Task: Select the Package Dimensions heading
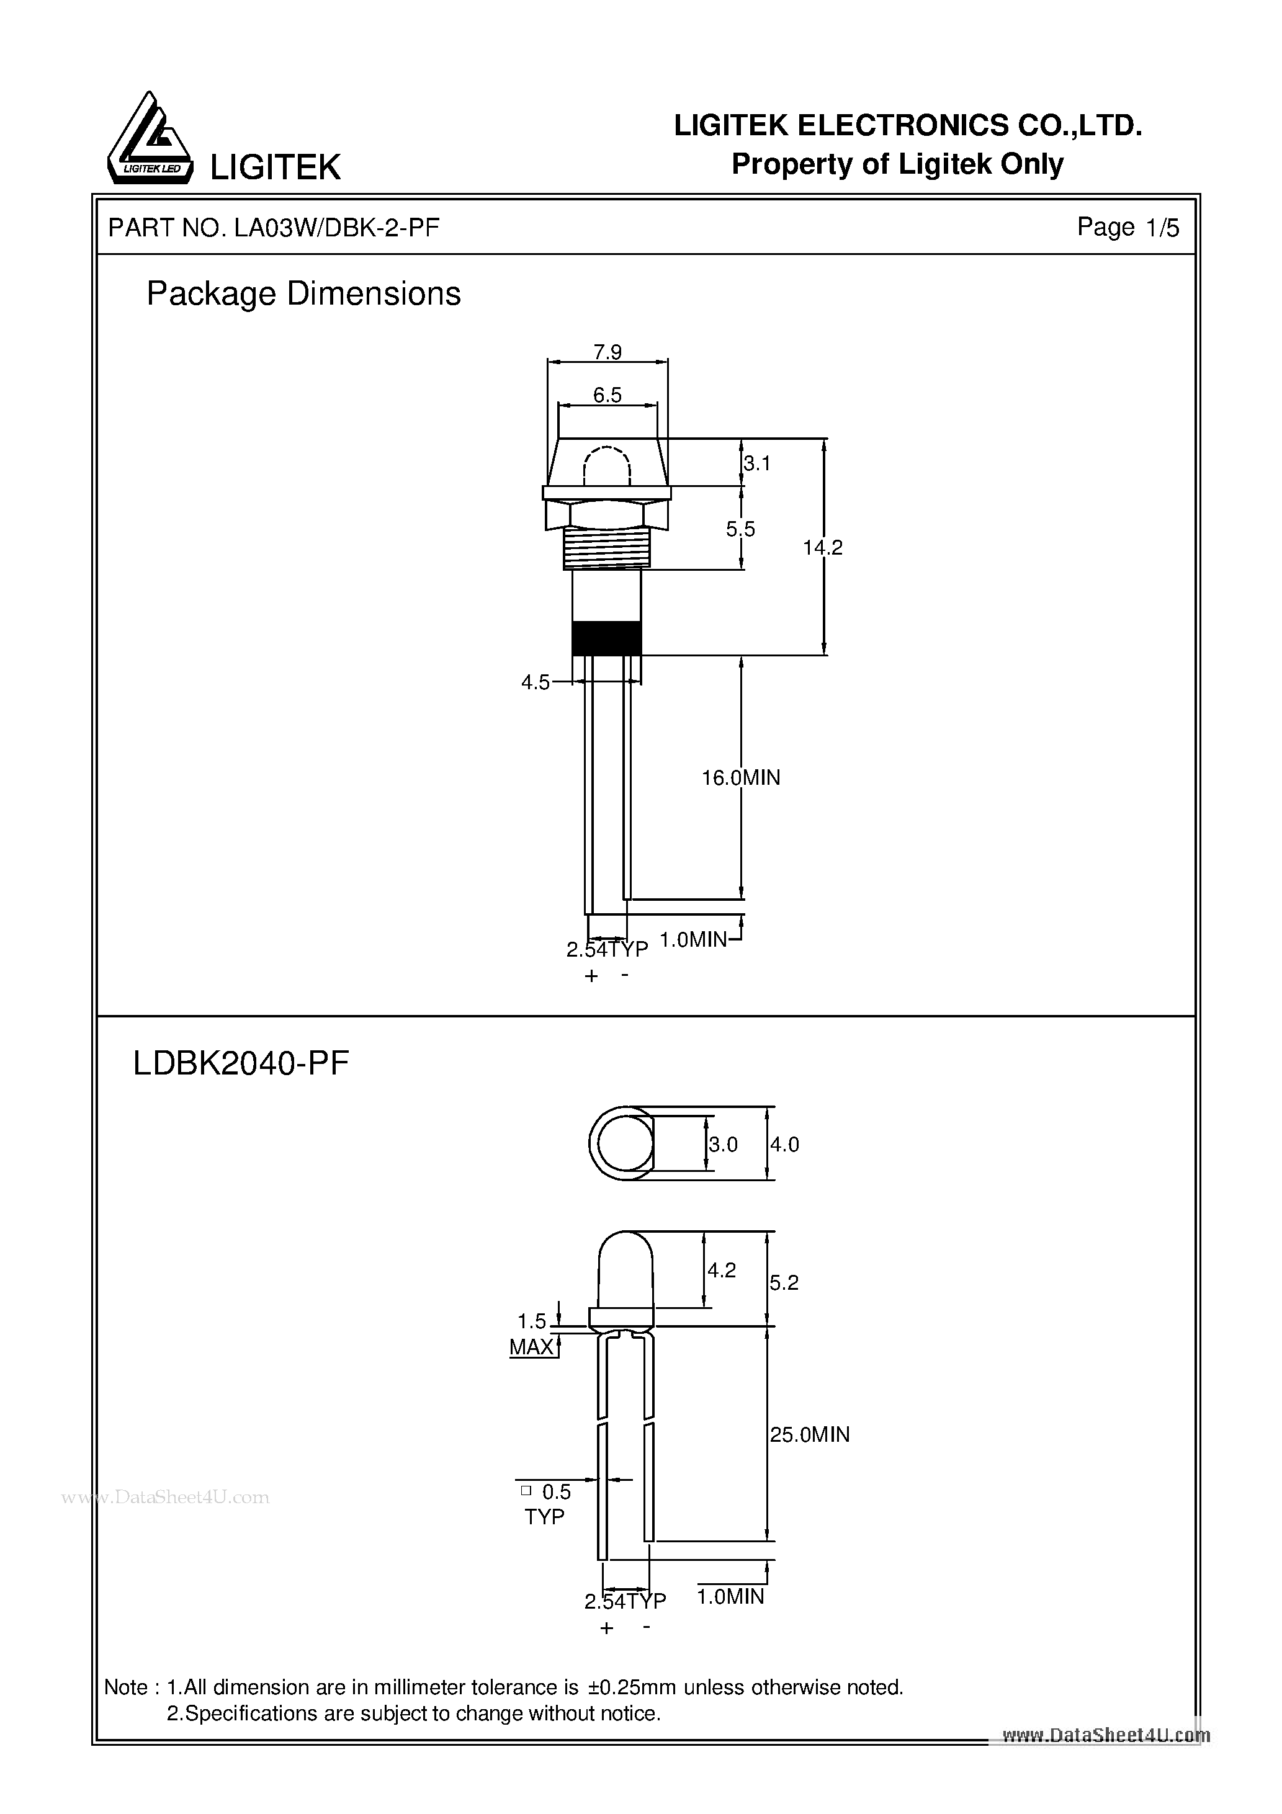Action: pos(303,294)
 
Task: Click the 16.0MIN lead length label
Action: pos(740,778)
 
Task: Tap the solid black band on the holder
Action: pos(606,638)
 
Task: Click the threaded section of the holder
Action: pos(606,548)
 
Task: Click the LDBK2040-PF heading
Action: pos(241,1063)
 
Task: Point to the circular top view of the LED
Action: pos(622,1144)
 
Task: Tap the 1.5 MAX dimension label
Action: pos(532,1334)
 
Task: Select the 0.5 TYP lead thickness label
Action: pos(547,1504)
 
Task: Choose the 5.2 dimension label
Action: pos(784,1283)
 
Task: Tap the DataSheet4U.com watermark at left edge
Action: pos(166,1497)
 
